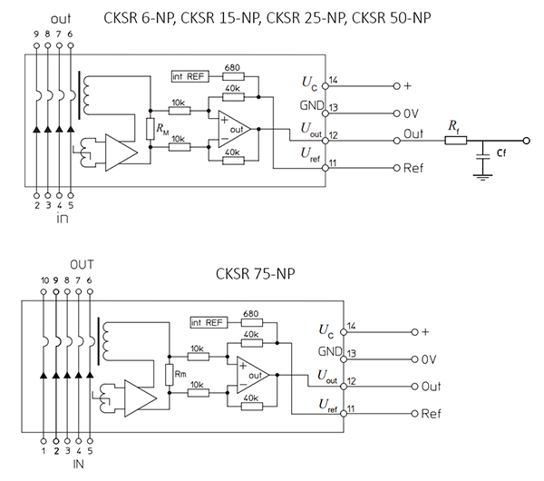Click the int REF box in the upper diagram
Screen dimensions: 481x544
pyautogui.click(x=189, y=76)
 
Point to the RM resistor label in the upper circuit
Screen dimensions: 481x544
pyautogui.click(x=162, y=130)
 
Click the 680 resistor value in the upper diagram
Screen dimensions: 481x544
pyautogui.click(x=232, y=68)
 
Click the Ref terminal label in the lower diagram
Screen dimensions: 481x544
pyautogui.click(x=432, y=414)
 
